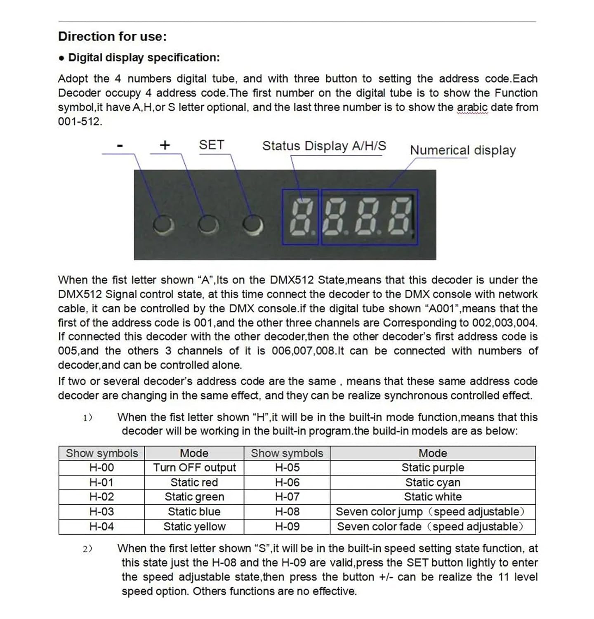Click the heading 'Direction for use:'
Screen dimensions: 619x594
coord(112,36)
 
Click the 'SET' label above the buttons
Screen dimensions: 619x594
coord(211,145)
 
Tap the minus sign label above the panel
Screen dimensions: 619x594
coord(120,145)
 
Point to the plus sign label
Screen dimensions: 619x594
coord(165,145)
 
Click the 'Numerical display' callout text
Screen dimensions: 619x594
coord(462,150)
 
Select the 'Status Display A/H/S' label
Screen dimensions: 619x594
coord(324,146)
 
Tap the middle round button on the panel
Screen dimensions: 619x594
coord(208,224)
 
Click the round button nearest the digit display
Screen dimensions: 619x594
coord(252,224)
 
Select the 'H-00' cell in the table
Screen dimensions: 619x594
coord(101,468)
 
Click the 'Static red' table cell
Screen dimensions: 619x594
coord(194,482)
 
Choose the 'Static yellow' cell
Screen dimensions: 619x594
coord(194,527)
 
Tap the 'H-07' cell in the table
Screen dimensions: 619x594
coord(287,497)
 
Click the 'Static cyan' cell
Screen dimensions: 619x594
coord(433,482)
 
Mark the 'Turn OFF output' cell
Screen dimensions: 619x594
coord(194,468)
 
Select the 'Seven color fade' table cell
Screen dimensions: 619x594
coord(431,527)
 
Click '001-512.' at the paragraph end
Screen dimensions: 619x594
coord(80,122)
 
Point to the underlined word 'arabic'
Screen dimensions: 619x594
coord(472,107)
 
